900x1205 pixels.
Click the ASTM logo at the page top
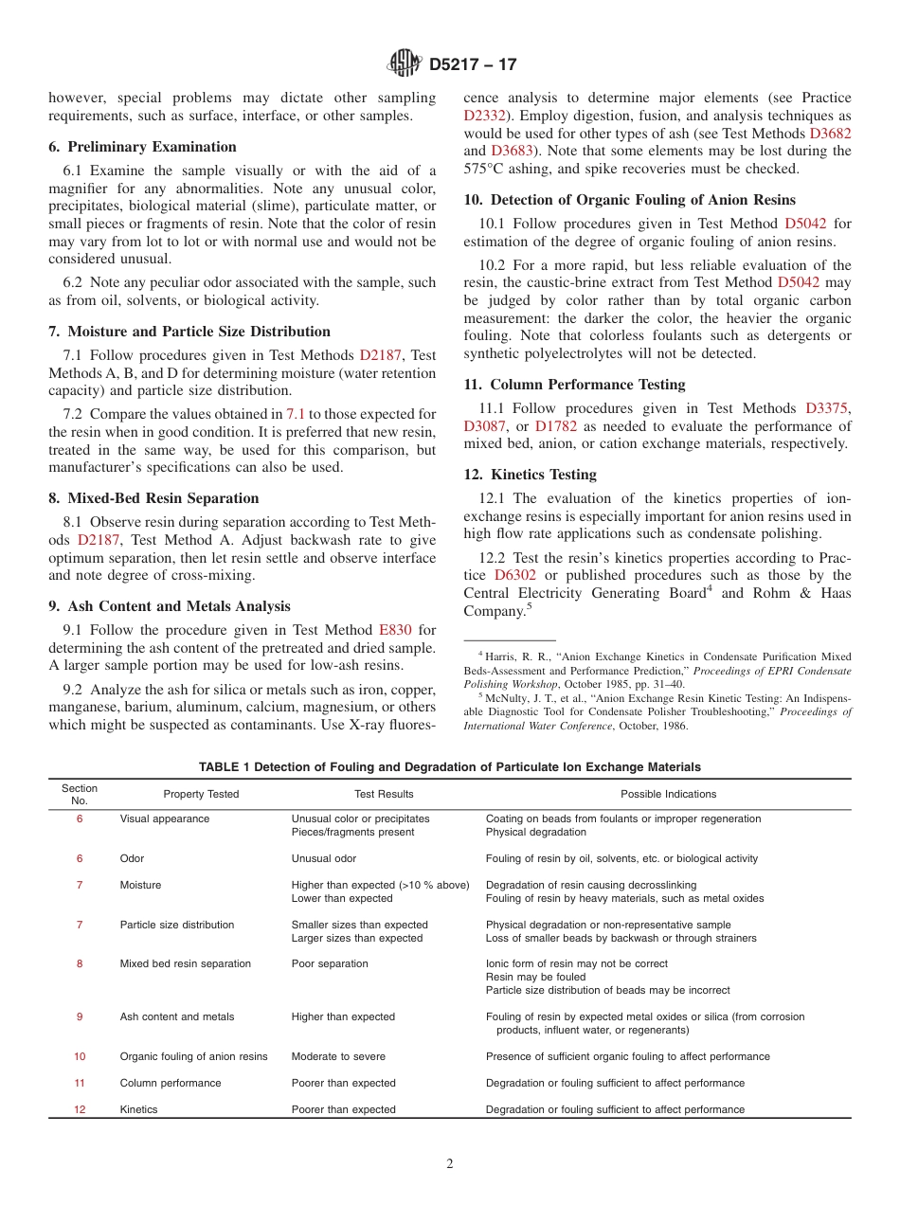pos(405,64)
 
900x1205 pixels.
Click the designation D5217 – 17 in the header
pos(473,65)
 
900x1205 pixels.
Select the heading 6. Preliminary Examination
pos(142,147)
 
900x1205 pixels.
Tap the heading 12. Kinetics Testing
pos(530,475)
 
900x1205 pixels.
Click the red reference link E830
pos(394,630)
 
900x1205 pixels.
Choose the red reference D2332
pos(484,116)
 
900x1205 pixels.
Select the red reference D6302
pos(514,575)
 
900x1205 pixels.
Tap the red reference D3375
pos(826,408)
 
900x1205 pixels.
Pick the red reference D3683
pos(511,152)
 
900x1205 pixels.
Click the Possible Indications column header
pos(668,794)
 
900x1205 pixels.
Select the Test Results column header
pos(384,794)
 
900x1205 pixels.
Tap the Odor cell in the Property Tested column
pos(132,858)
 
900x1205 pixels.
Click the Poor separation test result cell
pos(330,963)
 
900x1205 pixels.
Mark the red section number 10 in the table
pos(80,1056)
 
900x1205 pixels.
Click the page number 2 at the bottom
pos(450,1164)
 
